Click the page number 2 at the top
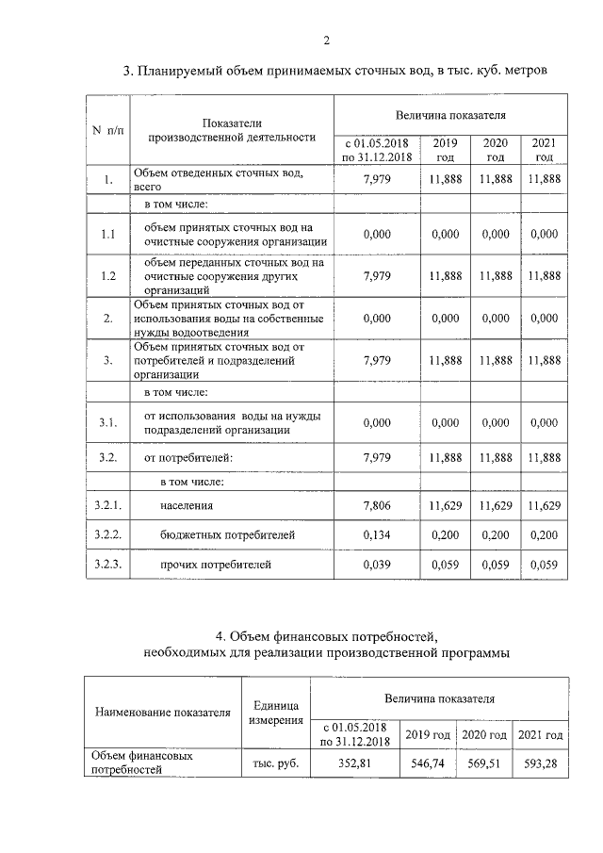pyautogui.click(x=326, y=40)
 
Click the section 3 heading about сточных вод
pyautogui.click(x=335, y=72)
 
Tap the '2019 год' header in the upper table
pyautogui.click(x=445, y=150)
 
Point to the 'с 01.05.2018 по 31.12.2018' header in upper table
pyautogui.click(x=377, y=150)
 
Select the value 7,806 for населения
pyautogui.click(x=377, y=505)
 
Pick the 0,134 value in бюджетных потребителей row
pyautogui.click(x=377, y=534)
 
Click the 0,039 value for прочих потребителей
pyautogui.click(x=377, y=565)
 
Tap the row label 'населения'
pyautogui.click(x=187, y=505)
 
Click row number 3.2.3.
pyautogui.click(x=108, y=565)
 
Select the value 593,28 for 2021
pyautogui.click(x=540, y=763)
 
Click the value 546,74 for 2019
pyautogui.click(x=429, y=763)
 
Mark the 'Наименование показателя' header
pyautogui.click(x=161, y=713)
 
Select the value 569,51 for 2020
pyautogui.click(x=483, y=763)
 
